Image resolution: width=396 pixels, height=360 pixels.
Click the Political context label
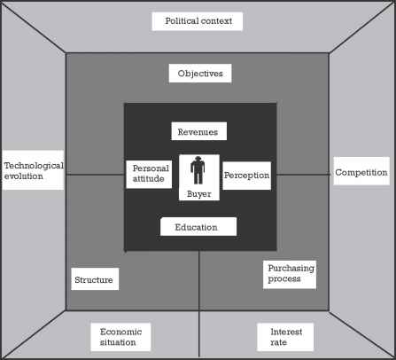tap(196, 20)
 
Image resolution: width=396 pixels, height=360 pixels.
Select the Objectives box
tap(199, 73)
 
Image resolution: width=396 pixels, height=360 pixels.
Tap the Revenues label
tap(199, 131)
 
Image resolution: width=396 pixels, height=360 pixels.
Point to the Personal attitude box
tap(150, 174)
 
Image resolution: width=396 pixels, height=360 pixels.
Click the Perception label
tap(246, 175)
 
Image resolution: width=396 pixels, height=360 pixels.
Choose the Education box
tap(198, 227)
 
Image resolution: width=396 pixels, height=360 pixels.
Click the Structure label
tap(94, 279)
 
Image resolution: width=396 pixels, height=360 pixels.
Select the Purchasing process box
tap(291, 273)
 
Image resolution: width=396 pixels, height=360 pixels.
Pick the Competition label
tap(361, 171)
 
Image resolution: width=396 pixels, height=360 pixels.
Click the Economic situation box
tap(120, 337)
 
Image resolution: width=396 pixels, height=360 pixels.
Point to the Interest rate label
tap(285, 337)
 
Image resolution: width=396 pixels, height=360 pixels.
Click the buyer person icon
tap(198, 170)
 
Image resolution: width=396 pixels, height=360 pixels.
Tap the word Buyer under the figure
tap(198, 193)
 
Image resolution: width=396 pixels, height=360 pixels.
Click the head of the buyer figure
tap(198, 160)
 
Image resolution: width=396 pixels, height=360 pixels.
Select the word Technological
tap(34, 165)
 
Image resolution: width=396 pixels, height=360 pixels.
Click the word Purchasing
tap(291, 268)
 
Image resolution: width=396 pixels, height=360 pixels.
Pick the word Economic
tap(120, 332)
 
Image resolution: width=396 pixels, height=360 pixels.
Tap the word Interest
tap(285, 332)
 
